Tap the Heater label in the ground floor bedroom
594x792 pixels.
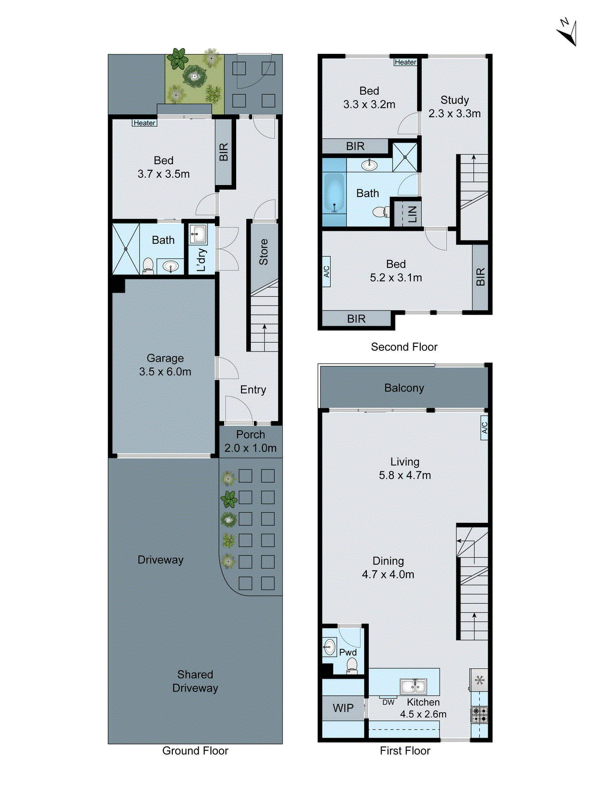[145, 123]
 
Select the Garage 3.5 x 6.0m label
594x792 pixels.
[165, 365]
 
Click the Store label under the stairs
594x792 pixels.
[263, 251]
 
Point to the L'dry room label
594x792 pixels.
[201, 259]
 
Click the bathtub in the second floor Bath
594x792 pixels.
[334, 193]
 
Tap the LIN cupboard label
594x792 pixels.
[412, 214]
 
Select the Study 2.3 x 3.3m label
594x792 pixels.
[454, 107]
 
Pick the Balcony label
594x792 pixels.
[404, 388]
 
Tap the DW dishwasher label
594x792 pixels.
[389, 702]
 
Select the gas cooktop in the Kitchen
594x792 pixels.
[479, 715]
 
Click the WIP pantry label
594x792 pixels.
[343, 708]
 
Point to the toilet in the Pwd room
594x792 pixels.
[352, 665]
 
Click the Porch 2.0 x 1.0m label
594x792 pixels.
[250, 441]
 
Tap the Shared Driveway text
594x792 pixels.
[195, 681]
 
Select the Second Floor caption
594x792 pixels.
[404, 347]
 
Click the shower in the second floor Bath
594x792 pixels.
[405, 157]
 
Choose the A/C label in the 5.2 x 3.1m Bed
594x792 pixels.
[326, 272]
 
